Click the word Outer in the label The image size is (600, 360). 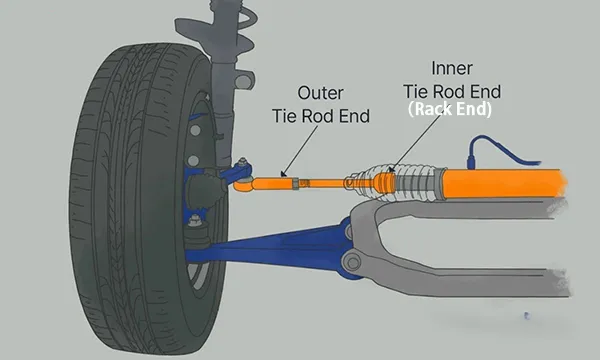(x=320, y=93)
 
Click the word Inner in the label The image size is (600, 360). (x=452, y=68)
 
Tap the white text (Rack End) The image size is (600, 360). (x=450, y=109)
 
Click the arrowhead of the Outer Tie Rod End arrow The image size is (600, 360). (x=283, y=174)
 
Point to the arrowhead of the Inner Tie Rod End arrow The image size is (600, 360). (x=390, y=169)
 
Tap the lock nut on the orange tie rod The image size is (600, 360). (x=295, y=183)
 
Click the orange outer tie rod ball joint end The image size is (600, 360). (x=243, y=184)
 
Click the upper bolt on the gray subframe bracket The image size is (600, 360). (x=348, y=232)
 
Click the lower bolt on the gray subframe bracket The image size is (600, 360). (x=351, y=262)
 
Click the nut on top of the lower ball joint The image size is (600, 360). (x=195, y=220)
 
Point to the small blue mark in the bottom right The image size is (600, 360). (x=527, y=316)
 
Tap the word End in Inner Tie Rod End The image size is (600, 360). (x=486, y=92)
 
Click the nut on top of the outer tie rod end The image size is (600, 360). (x=242, y=161)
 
